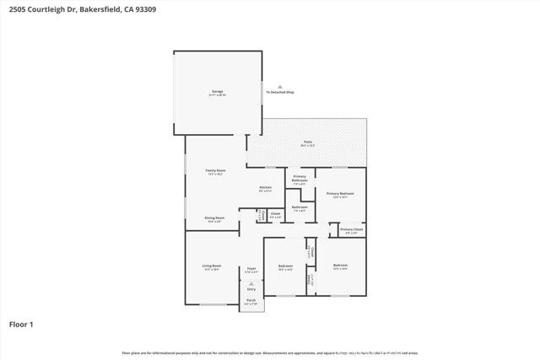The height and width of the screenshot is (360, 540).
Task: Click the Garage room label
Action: (217, 91)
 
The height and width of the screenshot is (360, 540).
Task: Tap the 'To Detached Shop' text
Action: (280, 91)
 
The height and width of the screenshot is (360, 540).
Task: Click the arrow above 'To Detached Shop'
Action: (280, 85)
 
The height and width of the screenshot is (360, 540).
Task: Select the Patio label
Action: (308, 142)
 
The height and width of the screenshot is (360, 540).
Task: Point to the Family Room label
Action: (215, 171)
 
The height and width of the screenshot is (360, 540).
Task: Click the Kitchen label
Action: (265, 188)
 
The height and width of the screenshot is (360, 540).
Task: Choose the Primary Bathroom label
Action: (300, 180)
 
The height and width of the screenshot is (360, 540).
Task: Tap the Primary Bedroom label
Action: (338, 194)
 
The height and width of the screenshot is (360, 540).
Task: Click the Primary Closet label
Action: (351, 229)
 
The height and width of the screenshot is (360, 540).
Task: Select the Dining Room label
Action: (214, 218)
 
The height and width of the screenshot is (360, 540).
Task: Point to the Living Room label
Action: (210, 267)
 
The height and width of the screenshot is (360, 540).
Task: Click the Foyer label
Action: (251, 270)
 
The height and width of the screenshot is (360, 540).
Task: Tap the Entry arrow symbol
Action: (251, 284)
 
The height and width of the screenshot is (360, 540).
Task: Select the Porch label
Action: (251, 300)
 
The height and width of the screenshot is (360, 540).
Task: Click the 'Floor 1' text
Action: (21, 323)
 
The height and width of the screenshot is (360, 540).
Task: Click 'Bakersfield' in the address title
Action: (102, 9)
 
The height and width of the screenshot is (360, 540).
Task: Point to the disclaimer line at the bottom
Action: (270, 352)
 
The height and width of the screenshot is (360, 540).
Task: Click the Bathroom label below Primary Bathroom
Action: (300, 207)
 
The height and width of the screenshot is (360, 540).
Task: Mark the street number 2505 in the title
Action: (17, 9)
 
